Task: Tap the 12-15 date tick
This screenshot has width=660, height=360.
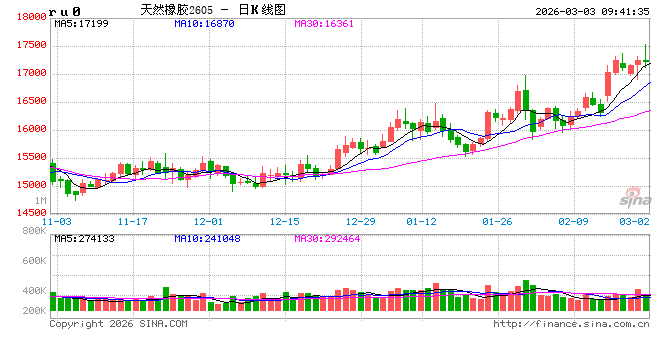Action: click(284, 221)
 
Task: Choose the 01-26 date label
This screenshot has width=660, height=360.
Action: click(497, 221)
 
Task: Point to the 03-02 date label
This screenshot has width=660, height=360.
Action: click(636, 221)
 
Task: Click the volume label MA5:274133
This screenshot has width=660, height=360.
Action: click(84, 239)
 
